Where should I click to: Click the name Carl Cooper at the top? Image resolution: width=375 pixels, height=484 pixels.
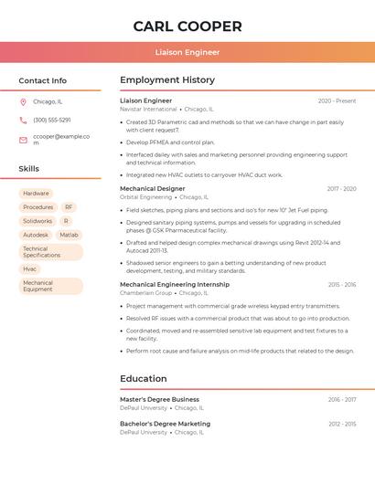coord(187,26)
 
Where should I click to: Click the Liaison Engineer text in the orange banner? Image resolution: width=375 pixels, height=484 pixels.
coord(187,52)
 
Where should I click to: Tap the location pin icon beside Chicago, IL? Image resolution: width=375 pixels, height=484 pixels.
coord(23,101)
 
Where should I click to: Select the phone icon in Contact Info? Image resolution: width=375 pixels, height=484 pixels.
coord(23,120)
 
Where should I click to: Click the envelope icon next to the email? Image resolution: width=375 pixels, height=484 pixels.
coord(23,140)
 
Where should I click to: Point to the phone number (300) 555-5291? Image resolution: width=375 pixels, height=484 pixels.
coord(52,120)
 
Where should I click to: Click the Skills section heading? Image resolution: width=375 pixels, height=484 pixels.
coord(29,169)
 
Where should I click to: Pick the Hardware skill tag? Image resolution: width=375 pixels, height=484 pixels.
coord(36,194)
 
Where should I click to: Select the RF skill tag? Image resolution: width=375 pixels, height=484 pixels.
coord(69,207)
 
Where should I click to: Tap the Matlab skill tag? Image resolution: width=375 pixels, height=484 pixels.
coord(69,235)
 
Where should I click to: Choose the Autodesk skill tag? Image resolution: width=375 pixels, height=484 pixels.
coord(36,235)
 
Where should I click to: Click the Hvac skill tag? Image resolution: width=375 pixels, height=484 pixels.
coord(30,268)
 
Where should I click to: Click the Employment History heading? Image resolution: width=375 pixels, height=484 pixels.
coord(167,80)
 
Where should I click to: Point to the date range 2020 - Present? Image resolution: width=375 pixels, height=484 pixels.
coord(337,100)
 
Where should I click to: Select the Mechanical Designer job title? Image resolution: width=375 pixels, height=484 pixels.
coord(152,188)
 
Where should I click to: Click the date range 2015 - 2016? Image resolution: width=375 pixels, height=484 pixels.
coord(342,284)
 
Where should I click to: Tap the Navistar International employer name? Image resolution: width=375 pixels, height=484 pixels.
coord(148,109)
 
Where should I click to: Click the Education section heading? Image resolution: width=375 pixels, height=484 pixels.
coord(144,378)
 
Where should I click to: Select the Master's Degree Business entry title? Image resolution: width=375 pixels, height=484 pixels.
coord(159,399)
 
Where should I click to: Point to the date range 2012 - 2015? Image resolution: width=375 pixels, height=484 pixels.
coord(342,424)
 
